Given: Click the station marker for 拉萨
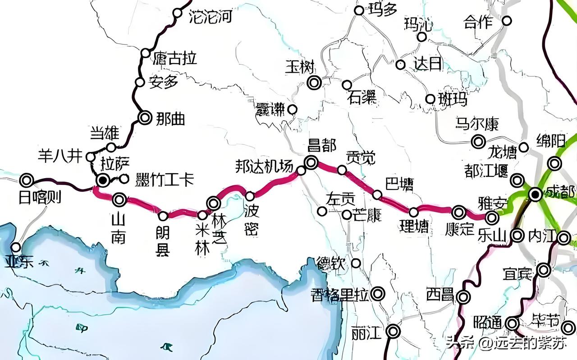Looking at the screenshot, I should pos(103,180).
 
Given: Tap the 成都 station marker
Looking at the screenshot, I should pos(536,194).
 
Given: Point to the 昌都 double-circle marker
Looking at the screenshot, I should pos(311,162).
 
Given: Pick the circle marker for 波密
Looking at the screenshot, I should pos(250,196).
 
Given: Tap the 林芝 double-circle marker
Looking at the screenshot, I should pos(213,203).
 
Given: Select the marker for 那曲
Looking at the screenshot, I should pos(145,118).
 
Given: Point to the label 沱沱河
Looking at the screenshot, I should pos(211,17).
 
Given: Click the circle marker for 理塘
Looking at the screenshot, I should pos(413,212).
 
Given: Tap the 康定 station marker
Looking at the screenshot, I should pos(459,212).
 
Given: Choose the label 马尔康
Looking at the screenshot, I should pos(477,124).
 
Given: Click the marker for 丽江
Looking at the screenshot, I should pos(394,332).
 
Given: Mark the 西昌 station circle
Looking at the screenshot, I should pos(463,297).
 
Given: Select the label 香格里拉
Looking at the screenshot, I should pos(340,295).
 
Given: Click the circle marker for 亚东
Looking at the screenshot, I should pos(16,247).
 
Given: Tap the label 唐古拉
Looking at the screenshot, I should pos(175,58).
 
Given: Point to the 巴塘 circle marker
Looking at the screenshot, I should pos(377,194).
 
